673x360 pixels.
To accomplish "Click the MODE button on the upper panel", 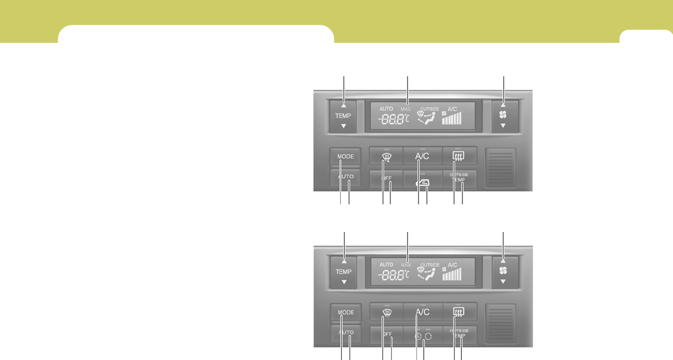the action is point(345,157).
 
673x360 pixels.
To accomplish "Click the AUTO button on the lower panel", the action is point(345,333).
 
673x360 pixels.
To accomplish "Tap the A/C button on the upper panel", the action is point(422,156).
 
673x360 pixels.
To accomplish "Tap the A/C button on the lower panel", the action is point(422,312).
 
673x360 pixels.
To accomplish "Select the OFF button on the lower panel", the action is point(386,334).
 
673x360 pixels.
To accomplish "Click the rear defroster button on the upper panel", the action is point(459,155).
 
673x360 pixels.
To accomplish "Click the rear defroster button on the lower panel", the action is point(459,312).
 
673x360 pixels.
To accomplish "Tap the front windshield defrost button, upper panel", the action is point(386,156).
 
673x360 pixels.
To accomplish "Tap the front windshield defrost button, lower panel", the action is point(386,312).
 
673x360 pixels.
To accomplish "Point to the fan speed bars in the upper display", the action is point(452,119).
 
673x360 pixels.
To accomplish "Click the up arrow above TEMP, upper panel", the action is point(344,106).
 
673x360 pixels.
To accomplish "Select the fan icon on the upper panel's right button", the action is point(503,115).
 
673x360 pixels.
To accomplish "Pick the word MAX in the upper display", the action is point(405,109).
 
